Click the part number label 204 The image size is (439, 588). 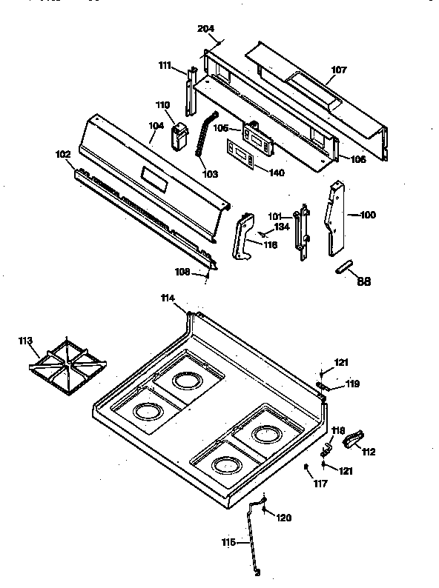205,29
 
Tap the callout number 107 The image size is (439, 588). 338,70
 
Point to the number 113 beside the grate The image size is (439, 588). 26,341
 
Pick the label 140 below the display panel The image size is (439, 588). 276,172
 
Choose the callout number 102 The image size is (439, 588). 63,154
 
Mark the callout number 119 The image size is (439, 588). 351,384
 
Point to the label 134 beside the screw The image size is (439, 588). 281,227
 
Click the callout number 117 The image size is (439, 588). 319,484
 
